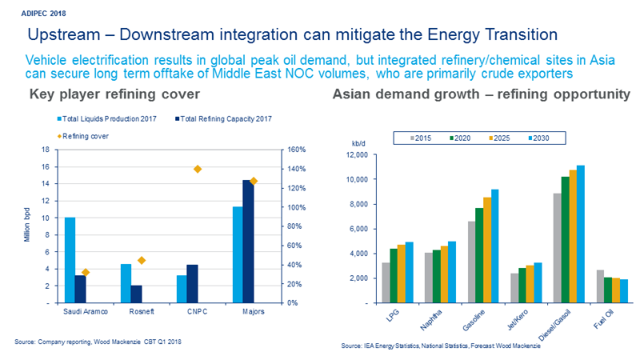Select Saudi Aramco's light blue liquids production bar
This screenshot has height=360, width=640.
click(x=70, y=260)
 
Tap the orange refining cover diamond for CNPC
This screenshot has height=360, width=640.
click(x=198, y=169)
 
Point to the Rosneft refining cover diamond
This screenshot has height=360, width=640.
click(x=142, y=260)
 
